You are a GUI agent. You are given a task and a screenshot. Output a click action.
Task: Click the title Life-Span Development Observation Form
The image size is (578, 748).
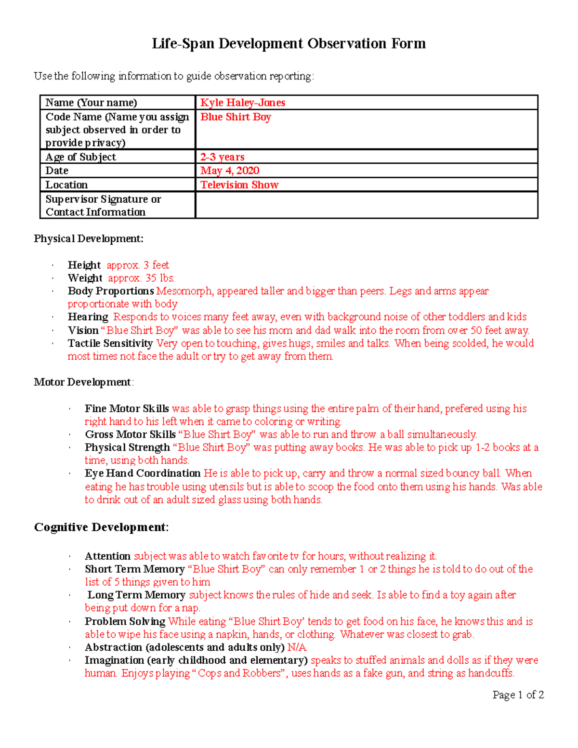click(x=289, y=44)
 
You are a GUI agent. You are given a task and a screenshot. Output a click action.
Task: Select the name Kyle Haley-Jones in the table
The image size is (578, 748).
click(x=243, y=103)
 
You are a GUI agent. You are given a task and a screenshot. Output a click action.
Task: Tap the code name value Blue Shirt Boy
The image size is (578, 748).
click(x=236, y=117)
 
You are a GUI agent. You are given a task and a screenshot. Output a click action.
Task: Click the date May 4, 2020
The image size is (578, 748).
click(x=230, y=171)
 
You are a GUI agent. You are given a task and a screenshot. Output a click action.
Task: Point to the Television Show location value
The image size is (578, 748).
click(x=239, y=185)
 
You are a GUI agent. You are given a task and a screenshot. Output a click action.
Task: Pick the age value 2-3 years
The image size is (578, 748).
click(x=222, y=157)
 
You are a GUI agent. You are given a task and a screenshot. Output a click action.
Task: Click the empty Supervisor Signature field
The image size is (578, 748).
click(x=366, y=206)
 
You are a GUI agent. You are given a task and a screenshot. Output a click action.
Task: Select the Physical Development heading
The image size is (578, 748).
click(x=89, y=239)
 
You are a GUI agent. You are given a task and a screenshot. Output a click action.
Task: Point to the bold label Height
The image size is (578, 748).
click(x=84, y=265)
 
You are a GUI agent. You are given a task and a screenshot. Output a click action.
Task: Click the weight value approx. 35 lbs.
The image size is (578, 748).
click(x=141, y=278)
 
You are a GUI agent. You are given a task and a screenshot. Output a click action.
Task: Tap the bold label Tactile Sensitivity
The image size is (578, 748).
click(x=110, y=343)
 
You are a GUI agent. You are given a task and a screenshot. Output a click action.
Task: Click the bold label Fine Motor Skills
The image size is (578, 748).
click(x=127, y=409)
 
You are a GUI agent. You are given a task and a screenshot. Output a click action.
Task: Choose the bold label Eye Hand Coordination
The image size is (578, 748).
click(x=143, y=473)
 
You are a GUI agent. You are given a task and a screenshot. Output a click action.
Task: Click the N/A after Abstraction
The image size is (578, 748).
click(x=297, y=647)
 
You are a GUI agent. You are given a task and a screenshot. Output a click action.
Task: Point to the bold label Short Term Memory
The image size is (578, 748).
click(x=135, y=569)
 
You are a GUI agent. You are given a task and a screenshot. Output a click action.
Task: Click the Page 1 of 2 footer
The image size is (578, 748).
click(x=518, y=695)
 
